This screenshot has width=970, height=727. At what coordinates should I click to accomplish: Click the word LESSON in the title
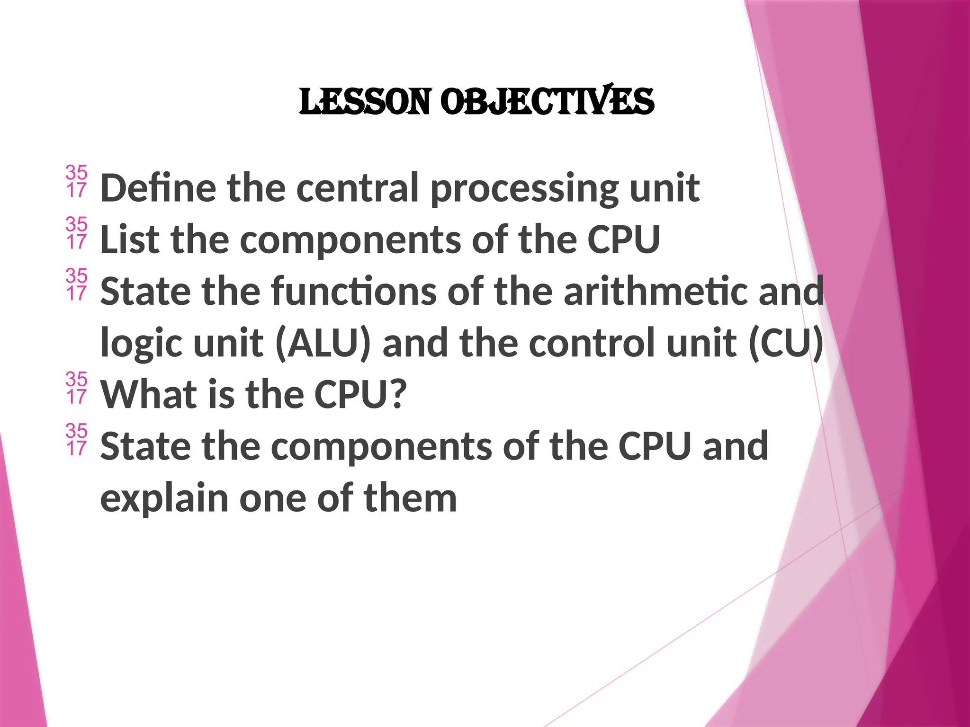365,102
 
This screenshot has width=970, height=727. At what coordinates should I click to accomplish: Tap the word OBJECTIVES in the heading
547,102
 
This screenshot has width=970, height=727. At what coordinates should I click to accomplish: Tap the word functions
354,291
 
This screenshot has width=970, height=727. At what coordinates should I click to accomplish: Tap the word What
148,394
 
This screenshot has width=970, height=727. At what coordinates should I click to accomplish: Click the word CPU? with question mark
360,394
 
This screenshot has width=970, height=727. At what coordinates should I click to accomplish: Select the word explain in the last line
164,499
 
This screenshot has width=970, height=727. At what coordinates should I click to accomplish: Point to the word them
410,498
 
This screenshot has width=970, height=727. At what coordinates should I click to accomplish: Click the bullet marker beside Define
76,181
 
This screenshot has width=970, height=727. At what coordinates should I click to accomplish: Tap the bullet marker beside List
76,233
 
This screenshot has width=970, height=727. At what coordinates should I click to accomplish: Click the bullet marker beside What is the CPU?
76,388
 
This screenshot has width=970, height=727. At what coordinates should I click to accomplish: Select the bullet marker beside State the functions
76,284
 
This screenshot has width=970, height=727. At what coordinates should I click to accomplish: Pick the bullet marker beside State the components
76,439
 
